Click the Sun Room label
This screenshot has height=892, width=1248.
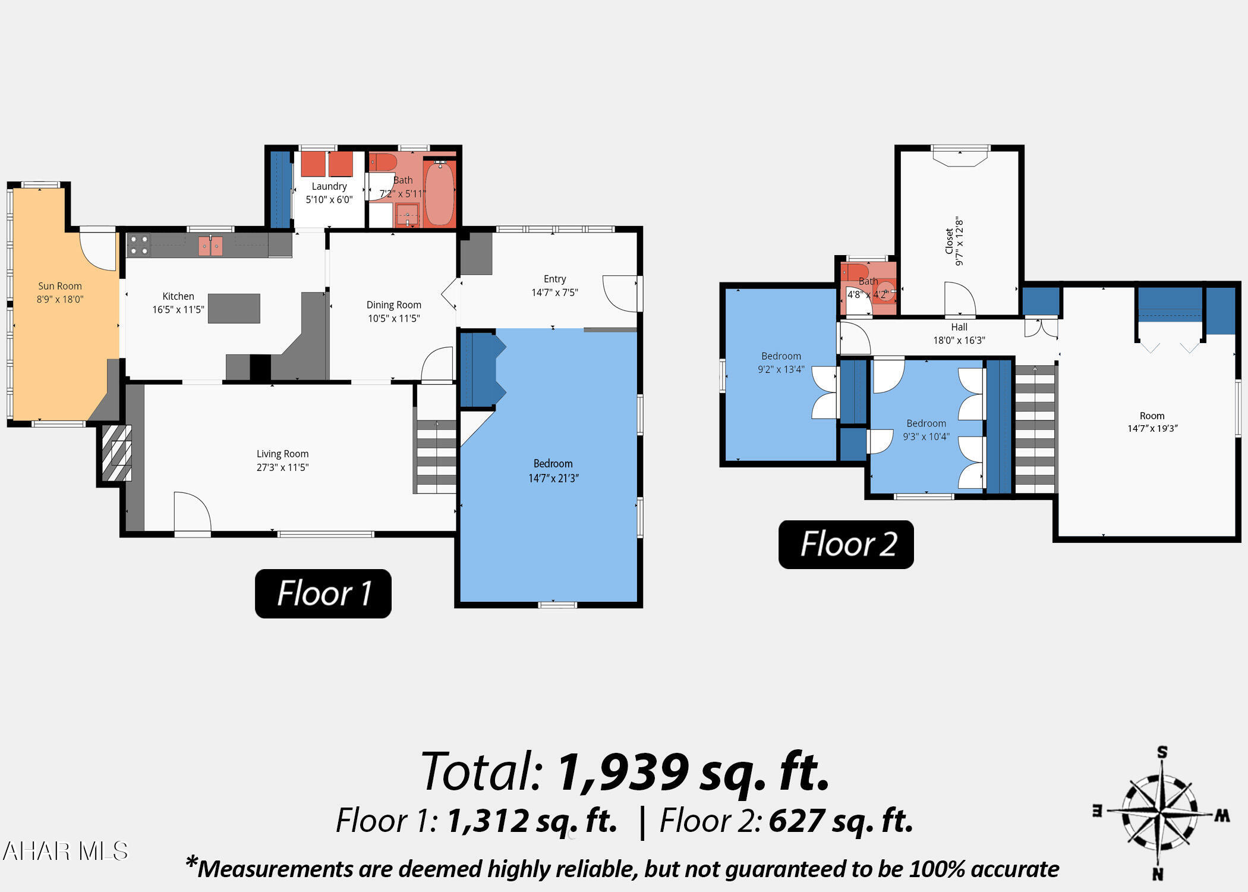60,286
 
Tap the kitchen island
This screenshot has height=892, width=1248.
234,309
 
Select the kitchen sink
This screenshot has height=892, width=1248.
210,246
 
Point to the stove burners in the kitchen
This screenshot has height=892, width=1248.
138,245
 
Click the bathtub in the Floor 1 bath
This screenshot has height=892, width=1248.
440,193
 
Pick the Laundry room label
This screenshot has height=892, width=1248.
329,186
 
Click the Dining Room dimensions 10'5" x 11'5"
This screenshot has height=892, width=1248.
394,318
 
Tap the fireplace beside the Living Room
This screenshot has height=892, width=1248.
116,453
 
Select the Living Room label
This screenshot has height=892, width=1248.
282,454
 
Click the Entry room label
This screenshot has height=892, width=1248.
554,279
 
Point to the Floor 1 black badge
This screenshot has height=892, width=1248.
323,593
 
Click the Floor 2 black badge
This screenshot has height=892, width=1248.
846,544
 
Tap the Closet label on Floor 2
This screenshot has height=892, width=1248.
949,241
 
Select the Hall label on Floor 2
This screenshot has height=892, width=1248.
959,327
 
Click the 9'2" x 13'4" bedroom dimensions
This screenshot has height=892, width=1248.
781,369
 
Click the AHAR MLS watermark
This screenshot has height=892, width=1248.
65,851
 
